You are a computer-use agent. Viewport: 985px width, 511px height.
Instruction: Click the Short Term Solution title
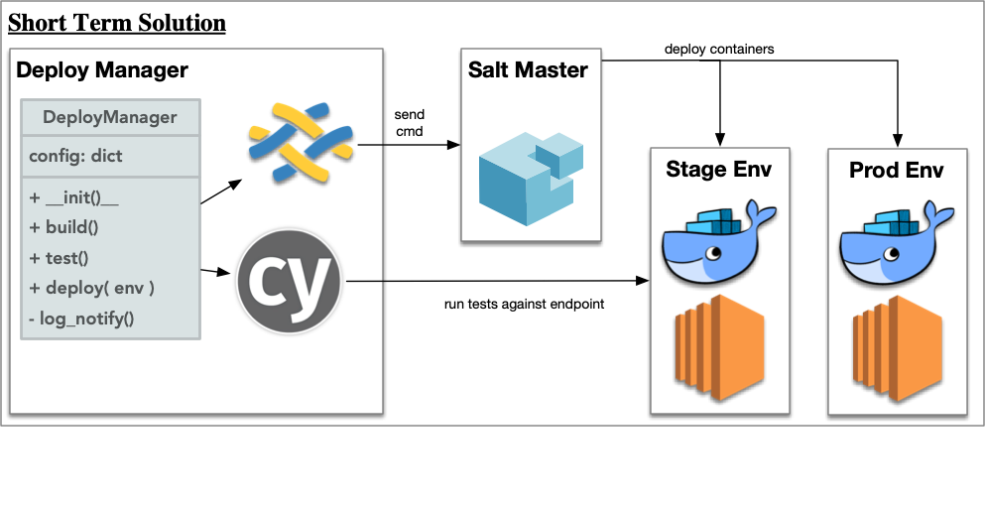[x=117, y=22]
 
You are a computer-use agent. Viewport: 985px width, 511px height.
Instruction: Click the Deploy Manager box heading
[x=102, y=70]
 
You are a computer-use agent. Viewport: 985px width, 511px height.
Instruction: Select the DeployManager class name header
[x=110, y=117]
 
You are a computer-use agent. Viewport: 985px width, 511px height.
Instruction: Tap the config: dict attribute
[x=75, y=156]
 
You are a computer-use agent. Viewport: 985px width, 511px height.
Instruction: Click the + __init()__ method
[x=74, y=197]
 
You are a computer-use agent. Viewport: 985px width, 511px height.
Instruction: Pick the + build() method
[x=63, y=227]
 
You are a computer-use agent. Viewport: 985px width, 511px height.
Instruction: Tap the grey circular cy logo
[x=289, y=280]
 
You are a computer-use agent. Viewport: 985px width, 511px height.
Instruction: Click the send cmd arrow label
[x=409, y=123]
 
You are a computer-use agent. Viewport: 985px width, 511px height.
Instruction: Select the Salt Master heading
[x=528, y=70]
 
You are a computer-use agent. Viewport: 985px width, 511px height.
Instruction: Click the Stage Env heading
[x=719, y=170]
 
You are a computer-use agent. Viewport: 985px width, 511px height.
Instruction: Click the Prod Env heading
[x=897, y=170]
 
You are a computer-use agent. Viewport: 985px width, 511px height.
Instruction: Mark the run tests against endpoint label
[x=524, y=304]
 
